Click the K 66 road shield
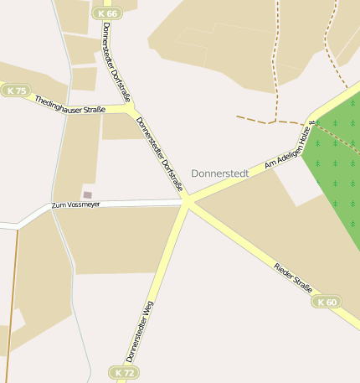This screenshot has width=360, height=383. [108, 13]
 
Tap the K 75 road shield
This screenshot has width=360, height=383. [16, 91]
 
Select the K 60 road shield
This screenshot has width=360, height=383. [327, 302]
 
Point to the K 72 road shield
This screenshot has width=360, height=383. [124, 371]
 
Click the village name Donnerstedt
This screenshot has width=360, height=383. [220, 173]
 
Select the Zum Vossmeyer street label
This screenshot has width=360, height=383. [75, 204]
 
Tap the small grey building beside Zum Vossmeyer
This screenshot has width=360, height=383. [87, 194]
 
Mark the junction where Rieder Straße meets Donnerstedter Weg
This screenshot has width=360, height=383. [186, 202]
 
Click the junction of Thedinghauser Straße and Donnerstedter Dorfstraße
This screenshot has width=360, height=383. [130, 109]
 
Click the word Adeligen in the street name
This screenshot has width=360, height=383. [290, 151]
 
